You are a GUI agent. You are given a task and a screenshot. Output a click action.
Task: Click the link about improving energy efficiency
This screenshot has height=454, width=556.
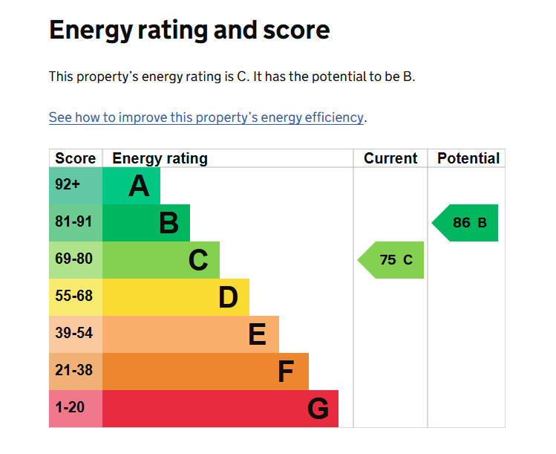pos(206,117)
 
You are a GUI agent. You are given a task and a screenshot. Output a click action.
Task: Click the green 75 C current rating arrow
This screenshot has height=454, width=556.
pos(390,260)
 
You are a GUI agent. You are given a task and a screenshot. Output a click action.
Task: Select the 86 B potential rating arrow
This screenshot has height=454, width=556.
pos(465,223)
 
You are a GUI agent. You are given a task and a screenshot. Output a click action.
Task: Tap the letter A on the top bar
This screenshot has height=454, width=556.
pos(139,186)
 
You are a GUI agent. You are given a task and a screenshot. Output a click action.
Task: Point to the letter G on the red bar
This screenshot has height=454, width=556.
pos(318,409)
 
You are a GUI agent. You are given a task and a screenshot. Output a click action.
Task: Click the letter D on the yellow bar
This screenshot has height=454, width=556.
pos(228,297)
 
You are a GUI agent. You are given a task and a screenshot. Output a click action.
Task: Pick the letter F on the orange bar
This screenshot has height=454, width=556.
pos(286,372)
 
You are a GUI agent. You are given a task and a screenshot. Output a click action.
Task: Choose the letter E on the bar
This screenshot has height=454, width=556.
pos(257,334)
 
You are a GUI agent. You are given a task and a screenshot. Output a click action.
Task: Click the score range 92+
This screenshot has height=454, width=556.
pos(68,184)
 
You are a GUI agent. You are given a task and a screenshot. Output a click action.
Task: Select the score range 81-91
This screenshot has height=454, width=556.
pos(73,221)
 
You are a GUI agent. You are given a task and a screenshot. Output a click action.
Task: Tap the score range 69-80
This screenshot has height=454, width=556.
pos(73,259)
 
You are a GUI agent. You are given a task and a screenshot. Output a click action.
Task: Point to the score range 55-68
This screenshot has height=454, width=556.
pos(73,296)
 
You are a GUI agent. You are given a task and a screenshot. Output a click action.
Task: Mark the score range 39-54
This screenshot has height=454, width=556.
pos(73,333)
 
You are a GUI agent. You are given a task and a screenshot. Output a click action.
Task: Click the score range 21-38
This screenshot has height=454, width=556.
pos(73,370)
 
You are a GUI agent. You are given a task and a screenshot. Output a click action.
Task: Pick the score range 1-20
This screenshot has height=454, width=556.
pos(70,407)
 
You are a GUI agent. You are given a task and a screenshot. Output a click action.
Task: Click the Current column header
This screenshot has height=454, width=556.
pos(390,158)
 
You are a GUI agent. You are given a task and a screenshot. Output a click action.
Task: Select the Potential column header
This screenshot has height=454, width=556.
pos(468,158)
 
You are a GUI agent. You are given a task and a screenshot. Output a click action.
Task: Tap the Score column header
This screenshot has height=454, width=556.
pos(76,158)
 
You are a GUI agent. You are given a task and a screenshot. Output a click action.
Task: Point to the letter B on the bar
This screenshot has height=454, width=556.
pos(169,223)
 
